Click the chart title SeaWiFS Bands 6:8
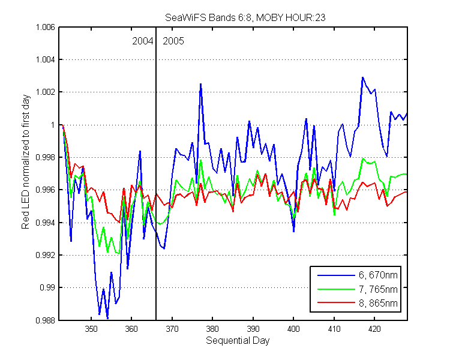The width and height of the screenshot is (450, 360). [x=208, y=18]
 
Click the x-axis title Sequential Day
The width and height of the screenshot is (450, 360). [x=238, y=340]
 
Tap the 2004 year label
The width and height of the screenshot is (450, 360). [x=142, y=41]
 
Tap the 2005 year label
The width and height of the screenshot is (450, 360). [x=173, y=41]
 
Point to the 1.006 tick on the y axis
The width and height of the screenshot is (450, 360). [x=45, y=27]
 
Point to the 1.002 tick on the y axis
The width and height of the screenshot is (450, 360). [x=45, y=92]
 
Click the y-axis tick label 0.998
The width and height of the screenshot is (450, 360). [x=45, y=157]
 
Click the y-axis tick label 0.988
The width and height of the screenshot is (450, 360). [x=45, y=320]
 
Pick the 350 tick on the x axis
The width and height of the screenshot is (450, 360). [x=91, y=329]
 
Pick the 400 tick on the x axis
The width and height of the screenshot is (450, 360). [x=293, y=329]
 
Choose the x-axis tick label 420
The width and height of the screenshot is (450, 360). [x=374, y=329]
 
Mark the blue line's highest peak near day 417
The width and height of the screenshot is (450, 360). [x=362, y=77]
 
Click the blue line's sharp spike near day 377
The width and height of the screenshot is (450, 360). [x=200, y=84]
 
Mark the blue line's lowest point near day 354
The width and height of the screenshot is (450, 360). [x=107, y=318]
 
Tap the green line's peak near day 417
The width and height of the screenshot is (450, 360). [x=363, y=158]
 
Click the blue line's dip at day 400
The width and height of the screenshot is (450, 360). [x=293, y=232]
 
